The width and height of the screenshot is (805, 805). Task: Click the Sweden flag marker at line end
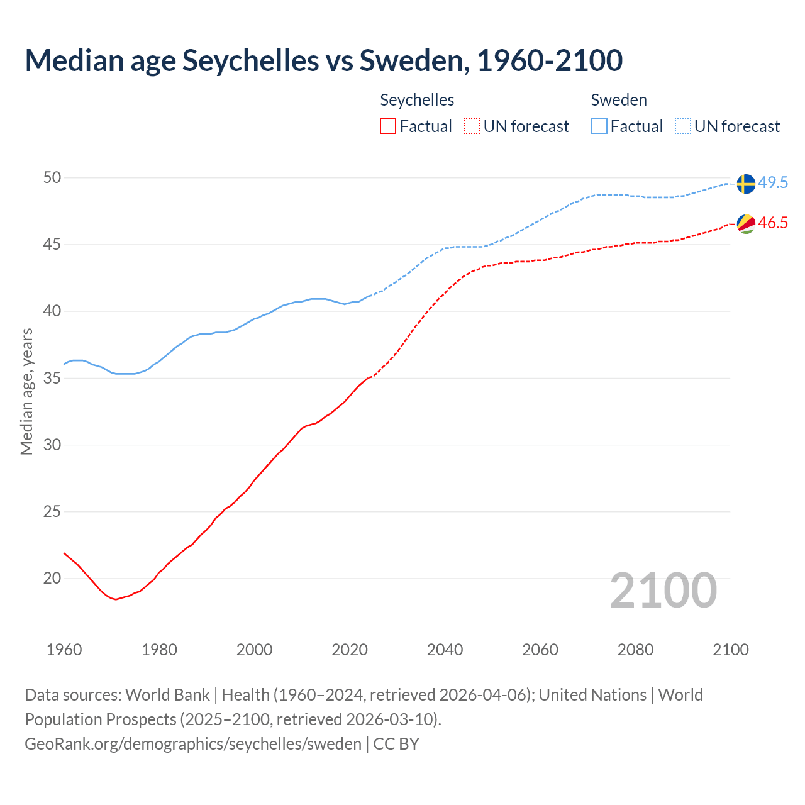[x=745, y=184]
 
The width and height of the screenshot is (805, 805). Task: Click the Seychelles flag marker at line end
[x=745, y=223]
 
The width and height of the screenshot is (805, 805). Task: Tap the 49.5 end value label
[x=773, y=183]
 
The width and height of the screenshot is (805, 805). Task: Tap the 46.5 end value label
[x=773, y=223]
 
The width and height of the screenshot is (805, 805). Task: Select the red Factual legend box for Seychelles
[x=388, y=126]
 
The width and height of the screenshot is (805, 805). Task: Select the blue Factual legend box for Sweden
[x=599, y=126]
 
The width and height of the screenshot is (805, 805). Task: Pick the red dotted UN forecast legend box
[x=472, y=126]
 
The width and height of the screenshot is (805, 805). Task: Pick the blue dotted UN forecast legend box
[x=683, y=126]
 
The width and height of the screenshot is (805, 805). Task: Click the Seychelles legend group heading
[x=417, y=100]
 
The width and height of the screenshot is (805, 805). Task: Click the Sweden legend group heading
[x=619, y=100]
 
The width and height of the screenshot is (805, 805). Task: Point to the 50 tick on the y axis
[x=52, y=178]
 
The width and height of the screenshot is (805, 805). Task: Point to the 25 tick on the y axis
[x=52, y=512]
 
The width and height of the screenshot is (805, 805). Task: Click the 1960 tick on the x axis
[x=64, y=650]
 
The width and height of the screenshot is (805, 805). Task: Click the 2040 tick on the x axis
[x=445, y=650]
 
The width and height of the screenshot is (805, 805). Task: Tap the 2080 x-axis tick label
[x=635, y=650]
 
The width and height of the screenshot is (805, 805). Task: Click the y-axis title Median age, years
[x=26, y=391]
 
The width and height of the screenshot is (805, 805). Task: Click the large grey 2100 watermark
[x=663, y=590]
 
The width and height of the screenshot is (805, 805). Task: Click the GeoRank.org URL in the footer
[x=193, y=744]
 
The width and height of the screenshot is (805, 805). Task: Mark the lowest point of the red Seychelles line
[x=116, y=599]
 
